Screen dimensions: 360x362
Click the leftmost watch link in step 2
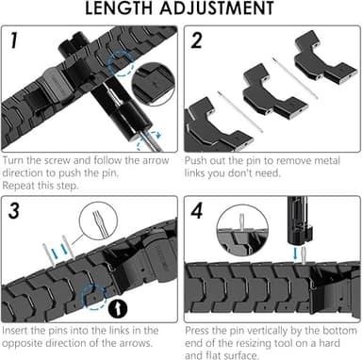(x=207, y=127)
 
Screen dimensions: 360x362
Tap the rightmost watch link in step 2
(x=323, y=57)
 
